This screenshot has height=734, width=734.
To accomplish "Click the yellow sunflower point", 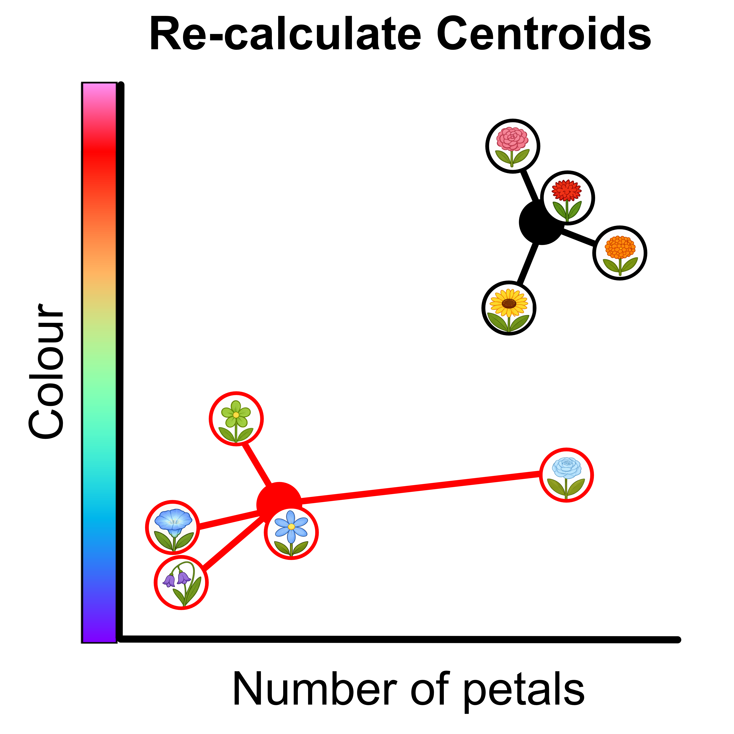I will click(509, 308).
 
